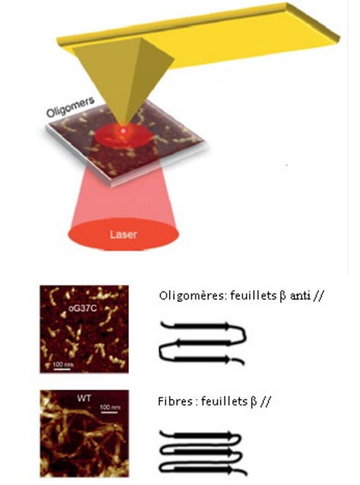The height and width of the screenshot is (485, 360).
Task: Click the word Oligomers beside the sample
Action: pyautogui.click(x=70, y=108)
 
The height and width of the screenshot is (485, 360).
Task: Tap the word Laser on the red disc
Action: pyautogui.click(x=123, y=235)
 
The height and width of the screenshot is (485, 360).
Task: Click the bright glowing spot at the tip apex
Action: pyautogui.click(x=123, y=131)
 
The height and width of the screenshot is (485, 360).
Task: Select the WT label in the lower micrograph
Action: pyautogui.click(x=84, y=398)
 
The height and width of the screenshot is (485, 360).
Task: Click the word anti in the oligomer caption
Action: pyautogui.click(x=300, y=296)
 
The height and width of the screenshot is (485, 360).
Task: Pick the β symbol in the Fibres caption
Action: pyautogui.click(x=253, y=402)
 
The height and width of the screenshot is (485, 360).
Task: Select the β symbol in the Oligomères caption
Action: pyautogui.click(x=282, y=297)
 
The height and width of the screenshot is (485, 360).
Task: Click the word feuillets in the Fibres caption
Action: pyautogui.click(x=225, y=401)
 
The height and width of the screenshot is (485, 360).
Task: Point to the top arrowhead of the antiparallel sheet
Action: pyautogui.click(x=228, y=326)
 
